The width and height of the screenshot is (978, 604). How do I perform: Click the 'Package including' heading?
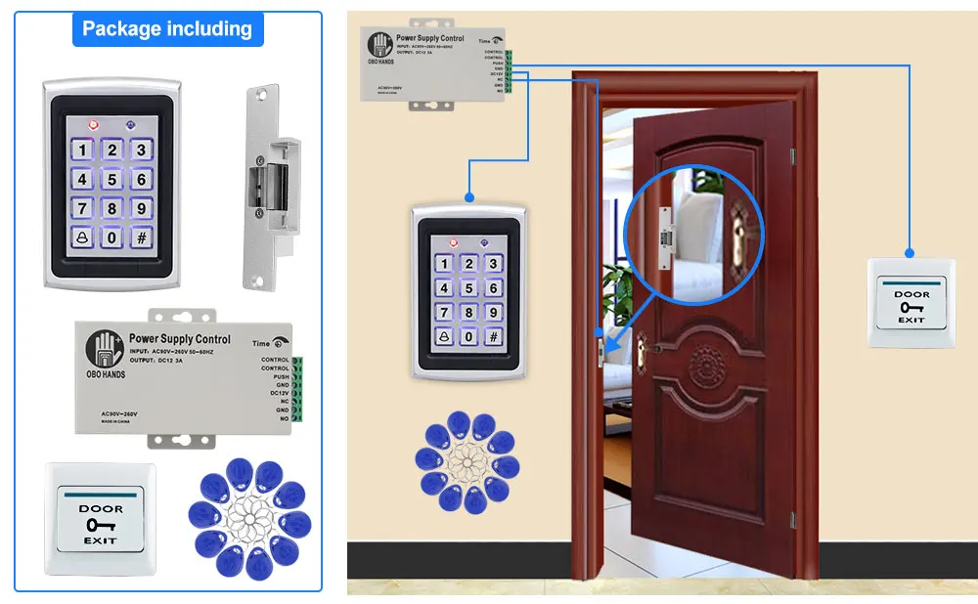(167, 29)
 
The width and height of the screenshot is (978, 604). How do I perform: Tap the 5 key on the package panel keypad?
(112, 180)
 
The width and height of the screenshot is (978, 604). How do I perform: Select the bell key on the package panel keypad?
(82, 237)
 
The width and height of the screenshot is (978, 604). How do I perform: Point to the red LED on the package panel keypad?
(94, 125)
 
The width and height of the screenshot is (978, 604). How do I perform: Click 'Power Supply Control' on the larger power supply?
(180, 339)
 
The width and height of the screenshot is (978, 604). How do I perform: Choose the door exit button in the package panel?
(100, 519)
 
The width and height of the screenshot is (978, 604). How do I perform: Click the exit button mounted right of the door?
(911, 302)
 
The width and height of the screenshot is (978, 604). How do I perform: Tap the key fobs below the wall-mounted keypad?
(467, 462)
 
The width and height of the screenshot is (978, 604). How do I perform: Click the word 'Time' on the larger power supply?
(261, 344)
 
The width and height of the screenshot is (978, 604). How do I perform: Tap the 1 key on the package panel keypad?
(83, 151)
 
